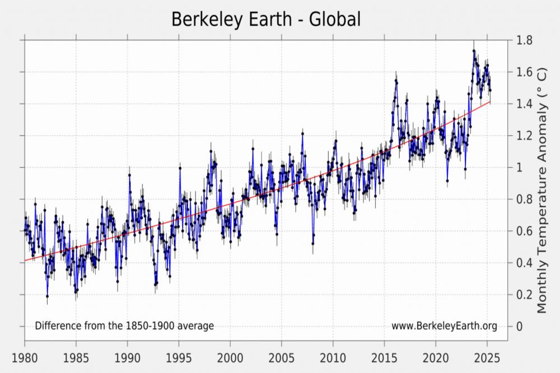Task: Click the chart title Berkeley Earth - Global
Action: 265,19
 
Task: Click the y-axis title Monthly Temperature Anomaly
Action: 542,190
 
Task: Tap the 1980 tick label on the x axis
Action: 25,357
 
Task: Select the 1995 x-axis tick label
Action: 179,357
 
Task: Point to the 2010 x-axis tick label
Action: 333,357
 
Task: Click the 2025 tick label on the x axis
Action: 487,357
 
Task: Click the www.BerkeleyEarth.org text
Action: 444,326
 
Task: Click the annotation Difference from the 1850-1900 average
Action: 124,326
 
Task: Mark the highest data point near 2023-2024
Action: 474,51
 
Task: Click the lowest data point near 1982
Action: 47,296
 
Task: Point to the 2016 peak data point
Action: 396,81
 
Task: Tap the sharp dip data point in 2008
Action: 312,243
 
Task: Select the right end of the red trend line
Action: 490,102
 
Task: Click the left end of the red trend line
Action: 25,261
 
